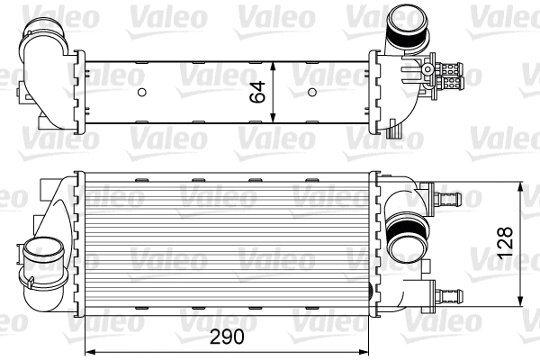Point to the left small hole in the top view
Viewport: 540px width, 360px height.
point(142,92)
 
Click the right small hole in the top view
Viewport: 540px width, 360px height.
point(312,92)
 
